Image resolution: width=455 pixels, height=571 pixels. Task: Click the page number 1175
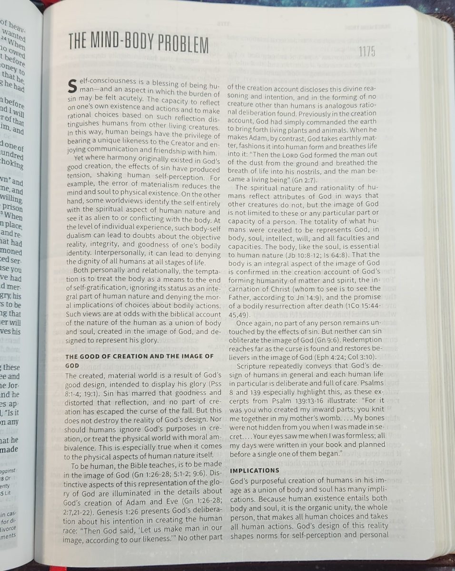coord(366,52)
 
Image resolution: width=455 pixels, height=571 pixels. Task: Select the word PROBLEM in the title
coord(185,44)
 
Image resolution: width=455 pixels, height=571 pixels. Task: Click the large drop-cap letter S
coord(72,86)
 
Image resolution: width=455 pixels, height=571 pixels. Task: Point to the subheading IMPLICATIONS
coord(254,471)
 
